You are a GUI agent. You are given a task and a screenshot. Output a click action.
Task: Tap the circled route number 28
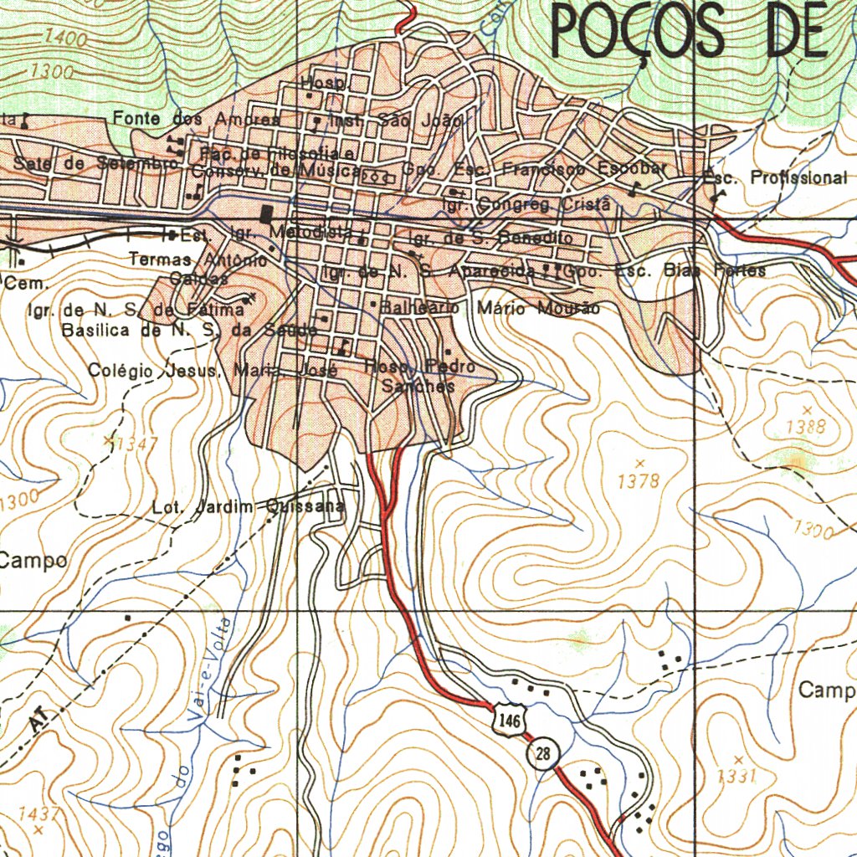[x=543, y=754]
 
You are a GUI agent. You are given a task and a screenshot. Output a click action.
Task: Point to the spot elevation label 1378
[x=639, y=481]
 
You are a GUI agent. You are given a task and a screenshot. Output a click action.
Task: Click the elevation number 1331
[x=737, y=776]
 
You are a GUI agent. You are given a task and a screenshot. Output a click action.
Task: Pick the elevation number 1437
[x=38, y=813]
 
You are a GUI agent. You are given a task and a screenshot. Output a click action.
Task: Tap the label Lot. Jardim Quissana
[x=248, y=506]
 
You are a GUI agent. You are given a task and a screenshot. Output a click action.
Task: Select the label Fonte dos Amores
[x=197, y=120]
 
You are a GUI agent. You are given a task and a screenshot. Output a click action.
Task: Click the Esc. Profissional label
[x=775, y=177]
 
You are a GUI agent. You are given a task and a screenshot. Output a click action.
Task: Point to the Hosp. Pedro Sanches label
[x=420, y=377]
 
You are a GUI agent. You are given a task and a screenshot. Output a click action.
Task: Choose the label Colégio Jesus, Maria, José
[x=212, y=370]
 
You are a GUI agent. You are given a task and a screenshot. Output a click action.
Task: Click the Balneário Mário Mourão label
[x=490, y=308]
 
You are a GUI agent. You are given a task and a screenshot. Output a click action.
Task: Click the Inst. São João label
[x=396, y=121]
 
